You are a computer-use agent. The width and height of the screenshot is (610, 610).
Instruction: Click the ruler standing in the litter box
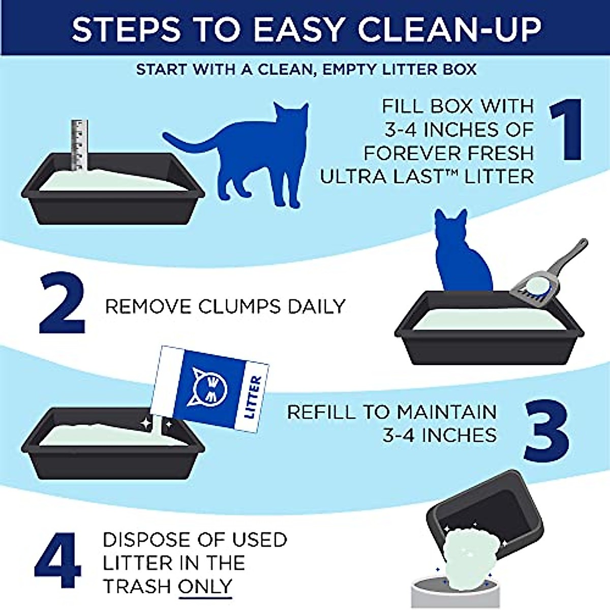(x=79, y=144)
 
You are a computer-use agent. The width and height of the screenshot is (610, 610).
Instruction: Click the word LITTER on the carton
(x=253, y=397)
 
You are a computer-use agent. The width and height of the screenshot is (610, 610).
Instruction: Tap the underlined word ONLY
(x=205, y=586)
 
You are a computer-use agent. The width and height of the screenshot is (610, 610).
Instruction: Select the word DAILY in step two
(x=317, y=307)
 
